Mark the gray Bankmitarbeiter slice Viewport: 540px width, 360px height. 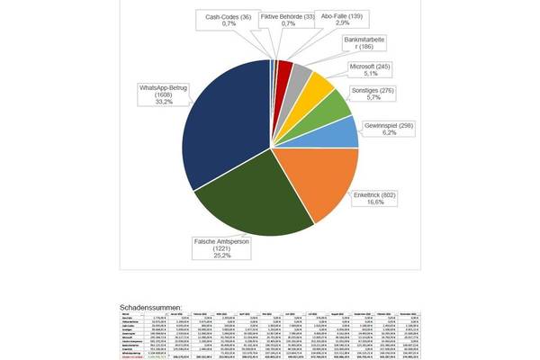(301, 73)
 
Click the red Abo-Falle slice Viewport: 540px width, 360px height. (283, 67)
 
